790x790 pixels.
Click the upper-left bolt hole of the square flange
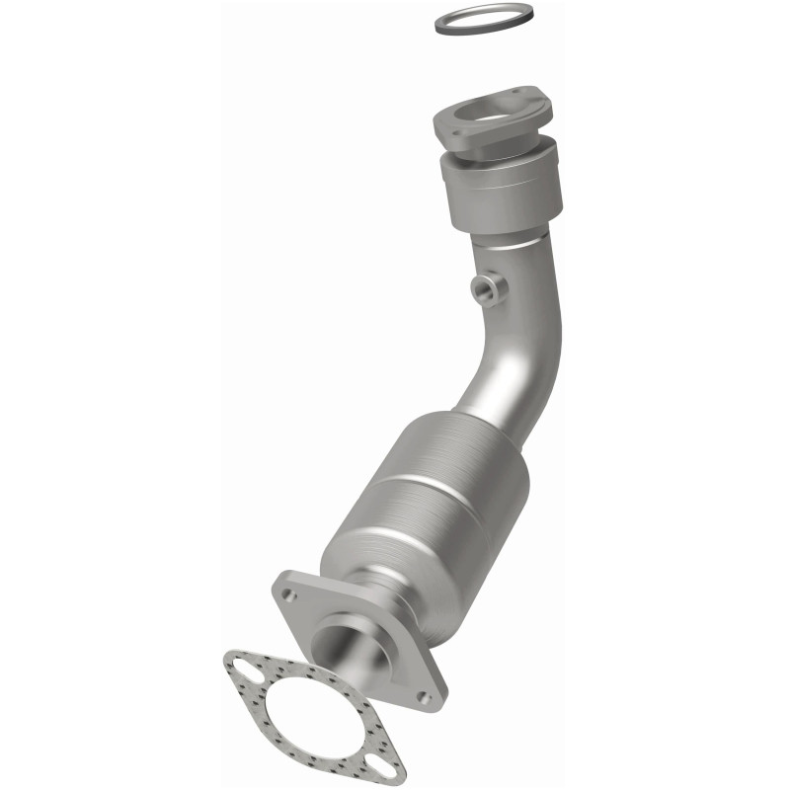coord(288,595)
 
